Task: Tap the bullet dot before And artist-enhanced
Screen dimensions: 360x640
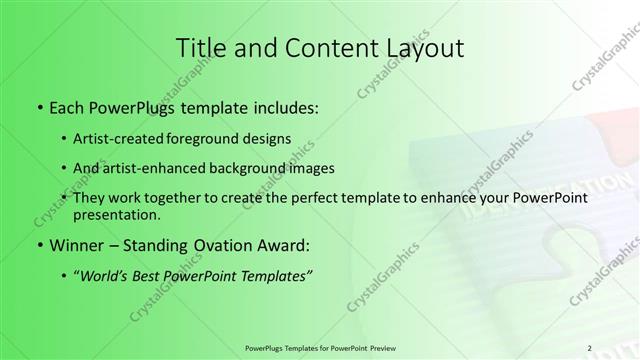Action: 65,168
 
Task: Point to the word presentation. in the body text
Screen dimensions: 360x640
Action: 117,215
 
